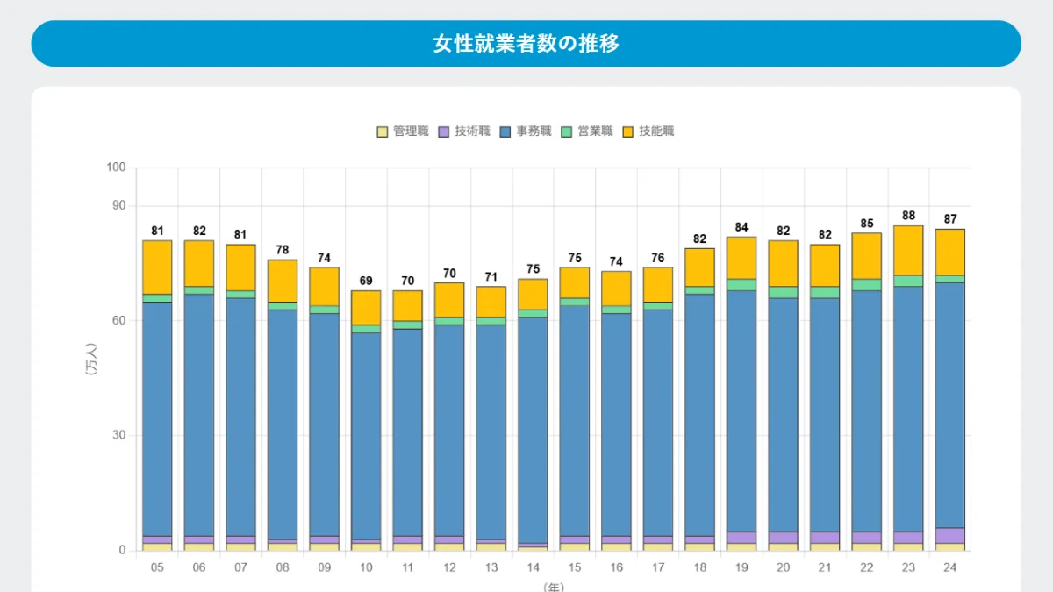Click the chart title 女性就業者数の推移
click(526, 44)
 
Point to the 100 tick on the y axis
click(118, 168)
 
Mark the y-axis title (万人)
click(91, 360)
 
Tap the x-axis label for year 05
click(157, 567)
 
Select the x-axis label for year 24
click(950, 567)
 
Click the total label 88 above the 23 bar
click(908, 215)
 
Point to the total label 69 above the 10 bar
click(366, 281)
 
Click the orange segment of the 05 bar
click(157, 267)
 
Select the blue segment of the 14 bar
click(533, 430)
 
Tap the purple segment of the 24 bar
click(950, 535)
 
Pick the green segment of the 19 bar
click(741, 285)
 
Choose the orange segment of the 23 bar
click(908, 250)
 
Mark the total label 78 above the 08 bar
click(283, 250)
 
